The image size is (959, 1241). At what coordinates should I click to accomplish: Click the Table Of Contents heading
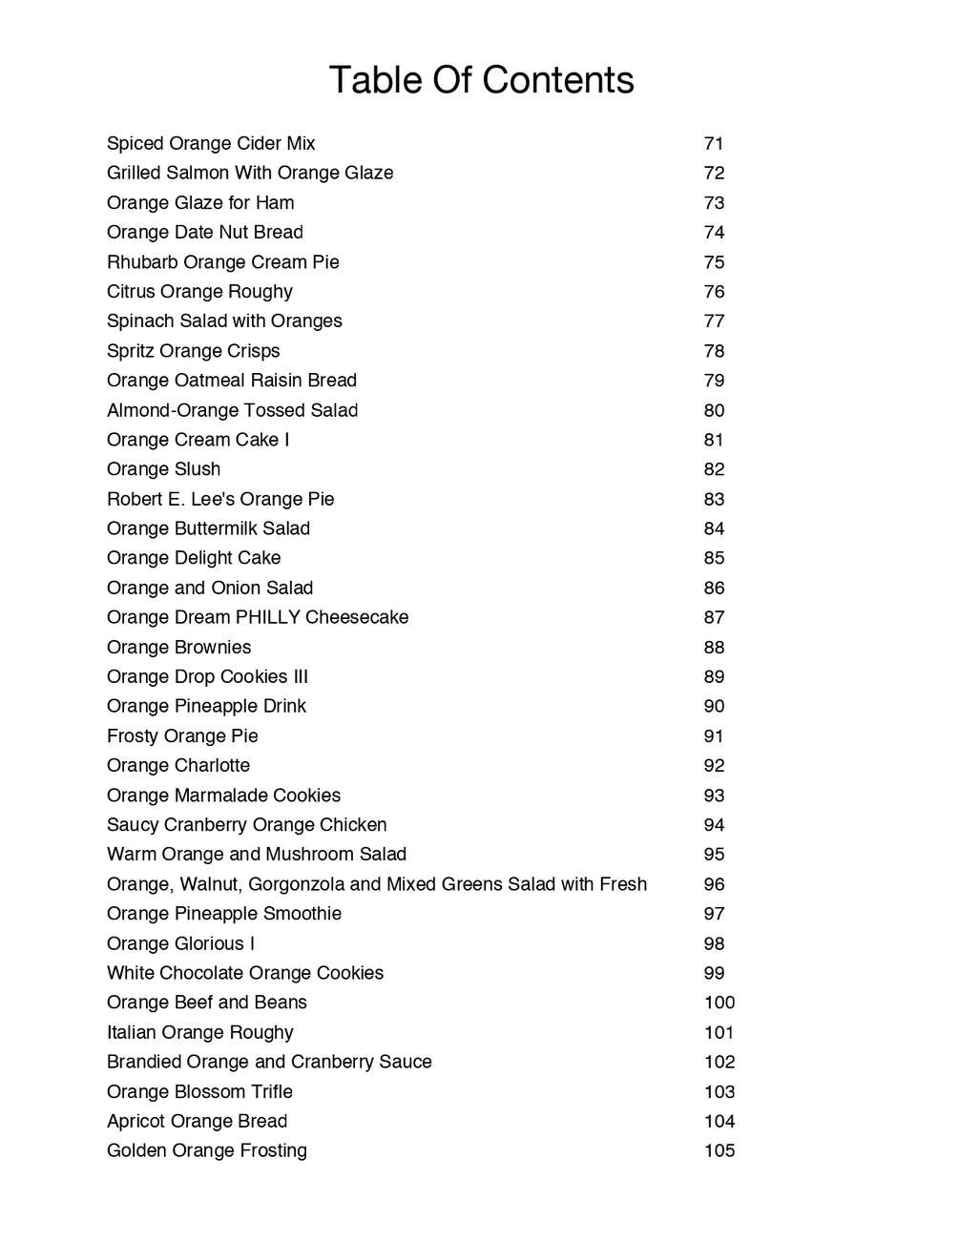coord(481,80)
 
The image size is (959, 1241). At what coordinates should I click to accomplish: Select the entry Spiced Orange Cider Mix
coord(211,144)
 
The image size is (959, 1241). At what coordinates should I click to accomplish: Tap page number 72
coord(714,174)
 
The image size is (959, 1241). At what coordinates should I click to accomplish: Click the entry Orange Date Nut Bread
coord(205,233)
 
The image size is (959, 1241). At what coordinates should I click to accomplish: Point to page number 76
coord(714,292)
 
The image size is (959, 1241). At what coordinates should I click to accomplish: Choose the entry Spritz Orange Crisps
coord(194,351)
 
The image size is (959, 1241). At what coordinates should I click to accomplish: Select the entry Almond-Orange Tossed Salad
coord(233,410)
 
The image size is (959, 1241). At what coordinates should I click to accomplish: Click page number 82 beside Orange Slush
coord(714,469)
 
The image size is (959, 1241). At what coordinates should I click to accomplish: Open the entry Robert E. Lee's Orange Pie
coord(220,499)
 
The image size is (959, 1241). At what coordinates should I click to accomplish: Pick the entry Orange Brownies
coord(179,647)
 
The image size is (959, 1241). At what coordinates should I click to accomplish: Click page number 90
coord(714,706)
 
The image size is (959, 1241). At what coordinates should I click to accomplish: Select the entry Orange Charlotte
coord(178,765)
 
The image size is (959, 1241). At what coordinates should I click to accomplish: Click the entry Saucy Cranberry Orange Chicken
coord(247,825)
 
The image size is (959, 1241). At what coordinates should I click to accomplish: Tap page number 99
coord(714,973)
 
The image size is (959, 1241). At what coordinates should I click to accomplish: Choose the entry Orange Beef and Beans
coord(207,1003)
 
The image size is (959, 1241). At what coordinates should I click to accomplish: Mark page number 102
coord(719,1062)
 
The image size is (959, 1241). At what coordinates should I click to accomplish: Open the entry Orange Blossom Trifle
coord(199,1091)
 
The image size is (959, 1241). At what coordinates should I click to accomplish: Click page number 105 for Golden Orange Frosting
coord(719,1150)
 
